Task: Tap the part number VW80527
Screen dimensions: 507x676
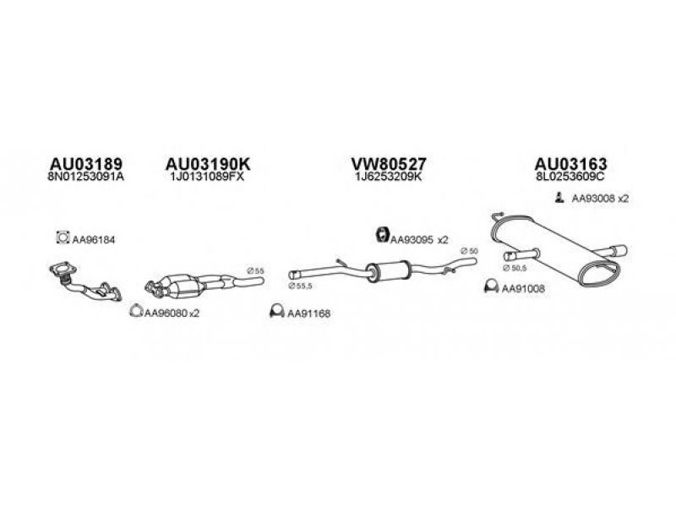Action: point(388,164)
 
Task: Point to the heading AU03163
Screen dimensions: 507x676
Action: point(570,164)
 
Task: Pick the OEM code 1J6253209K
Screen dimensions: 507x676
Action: point(388,178)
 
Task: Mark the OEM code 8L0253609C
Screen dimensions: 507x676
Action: point(570,178)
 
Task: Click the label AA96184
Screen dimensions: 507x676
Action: point(92,240)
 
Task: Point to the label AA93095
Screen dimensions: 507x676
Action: point(411,239)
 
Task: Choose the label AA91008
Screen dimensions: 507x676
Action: point(523,289)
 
